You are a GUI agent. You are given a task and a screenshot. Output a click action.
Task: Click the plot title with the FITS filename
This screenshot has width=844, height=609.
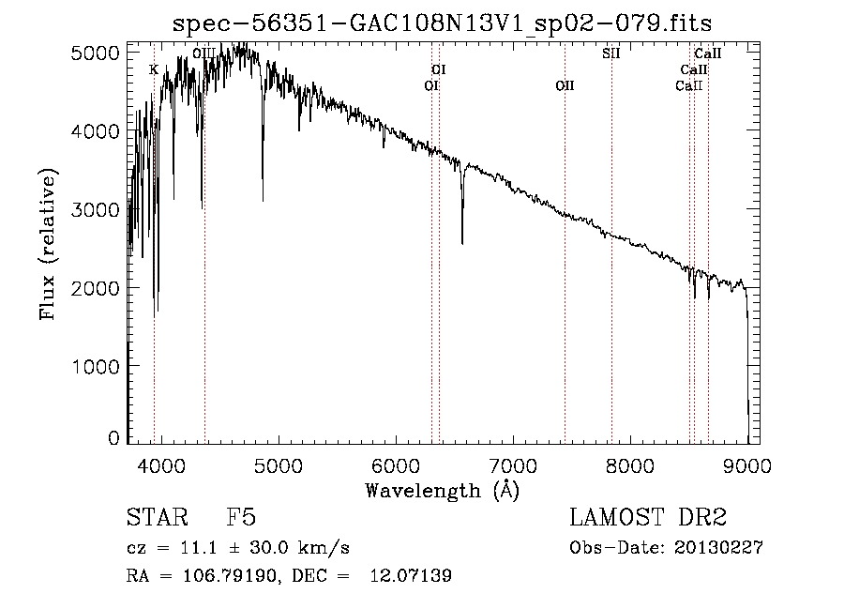coord(449,23)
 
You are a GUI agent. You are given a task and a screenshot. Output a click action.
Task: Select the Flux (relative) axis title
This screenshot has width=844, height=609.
coord(48,244)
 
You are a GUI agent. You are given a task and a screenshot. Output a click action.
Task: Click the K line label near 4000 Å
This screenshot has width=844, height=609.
coord(154,69)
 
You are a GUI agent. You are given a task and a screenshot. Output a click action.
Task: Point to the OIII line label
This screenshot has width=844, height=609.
coord(203,53)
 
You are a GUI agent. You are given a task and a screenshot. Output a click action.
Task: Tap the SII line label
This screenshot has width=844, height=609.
coord(611,53)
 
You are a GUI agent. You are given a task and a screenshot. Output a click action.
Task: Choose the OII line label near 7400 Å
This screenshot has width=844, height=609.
coord(565,85)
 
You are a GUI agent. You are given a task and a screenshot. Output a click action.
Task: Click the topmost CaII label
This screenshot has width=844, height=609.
coord(707,53)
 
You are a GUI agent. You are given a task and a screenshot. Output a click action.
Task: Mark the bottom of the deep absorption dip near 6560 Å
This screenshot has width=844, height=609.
coord(462,243)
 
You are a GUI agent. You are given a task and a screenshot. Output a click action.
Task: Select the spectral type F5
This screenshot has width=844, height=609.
coord(241,518)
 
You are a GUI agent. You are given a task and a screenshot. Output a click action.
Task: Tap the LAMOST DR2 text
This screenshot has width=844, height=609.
coord(648,518)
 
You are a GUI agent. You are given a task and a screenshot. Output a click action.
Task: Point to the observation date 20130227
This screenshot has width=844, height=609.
coord(717,549)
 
